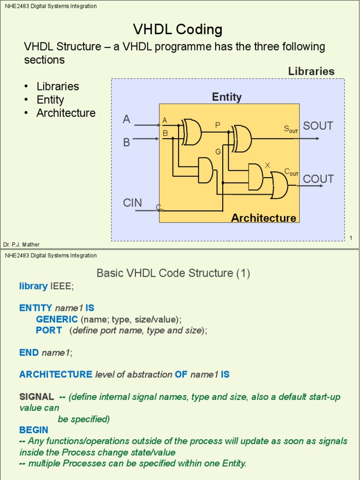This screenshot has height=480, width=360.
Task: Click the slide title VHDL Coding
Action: click(x=178, y=30)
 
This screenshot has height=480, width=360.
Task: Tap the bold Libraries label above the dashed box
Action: click(x=311, y=71)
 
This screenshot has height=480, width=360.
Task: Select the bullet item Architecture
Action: click(x=66, y=113)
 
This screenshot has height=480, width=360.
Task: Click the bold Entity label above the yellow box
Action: click(x=227, y=97)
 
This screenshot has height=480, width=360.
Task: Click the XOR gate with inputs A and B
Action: click(x=192, y=132)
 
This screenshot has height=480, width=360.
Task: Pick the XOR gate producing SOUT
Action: click(x=242, y=138)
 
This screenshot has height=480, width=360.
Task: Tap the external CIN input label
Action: click(x=133, y=202)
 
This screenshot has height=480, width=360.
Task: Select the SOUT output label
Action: click(x=318, y=126)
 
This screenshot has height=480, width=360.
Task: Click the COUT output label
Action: click(x=318, y=179)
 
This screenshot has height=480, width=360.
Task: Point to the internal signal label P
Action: click(x=217, y=125)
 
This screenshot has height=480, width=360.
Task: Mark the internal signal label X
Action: click(x=267, y=165)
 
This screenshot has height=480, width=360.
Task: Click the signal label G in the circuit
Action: click(x=218, y=152)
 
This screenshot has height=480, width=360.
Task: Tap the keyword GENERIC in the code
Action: click(x=57, y=319)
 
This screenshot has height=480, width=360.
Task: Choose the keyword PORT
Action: click(x=49, y=330)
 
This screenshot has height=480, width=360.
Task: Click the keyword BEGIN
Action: click(x=34, y=430)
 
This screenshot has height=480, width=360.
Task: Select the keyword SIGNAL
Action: click(x=37, y=397)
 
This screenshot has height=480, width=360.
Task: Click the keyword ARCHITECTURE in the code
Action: click(x=56, y=375)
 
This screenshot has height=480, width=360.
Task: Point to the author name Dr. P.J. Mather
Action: click(x=22, y=245)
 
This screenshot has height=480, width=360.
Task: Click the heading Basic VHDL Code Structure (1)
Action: click(x=173, y=273)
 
